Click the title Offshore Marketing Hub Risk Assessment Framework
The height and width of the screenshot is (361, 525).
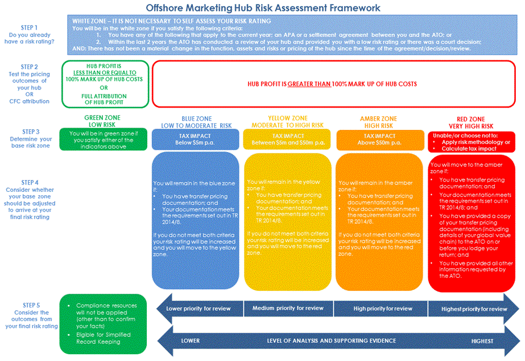click(x=263, y=8)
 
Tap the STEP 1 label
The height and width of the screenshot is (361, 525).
click(x=29, y=27)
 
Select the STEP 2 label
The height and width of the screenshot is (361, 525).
click(x=29, y=67)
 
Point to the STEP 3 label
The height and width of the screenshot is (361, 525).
click(x=29, y=131)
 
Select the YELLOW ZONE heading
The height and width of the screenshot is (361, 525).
click(x=287, y=122)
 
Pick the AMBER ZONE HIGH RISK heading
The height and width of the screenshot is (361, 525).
click(x=379, y=122)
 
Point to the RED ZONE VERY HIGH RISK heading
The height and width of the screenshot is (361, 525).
click(x=470, y=122)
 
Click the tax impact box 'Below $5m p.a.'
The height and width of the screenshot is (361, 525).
click(x=196, y=140)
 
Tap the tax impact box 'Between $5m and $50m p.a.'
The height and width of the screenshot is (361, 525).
click(x=287, y=140)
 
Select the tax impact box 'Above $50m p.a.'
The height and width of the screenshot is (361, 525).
click(x=379, y=140)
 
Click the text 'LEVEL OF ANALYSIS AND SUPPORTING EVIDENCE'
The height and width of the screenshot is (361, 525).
click(x=332, y=341)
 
